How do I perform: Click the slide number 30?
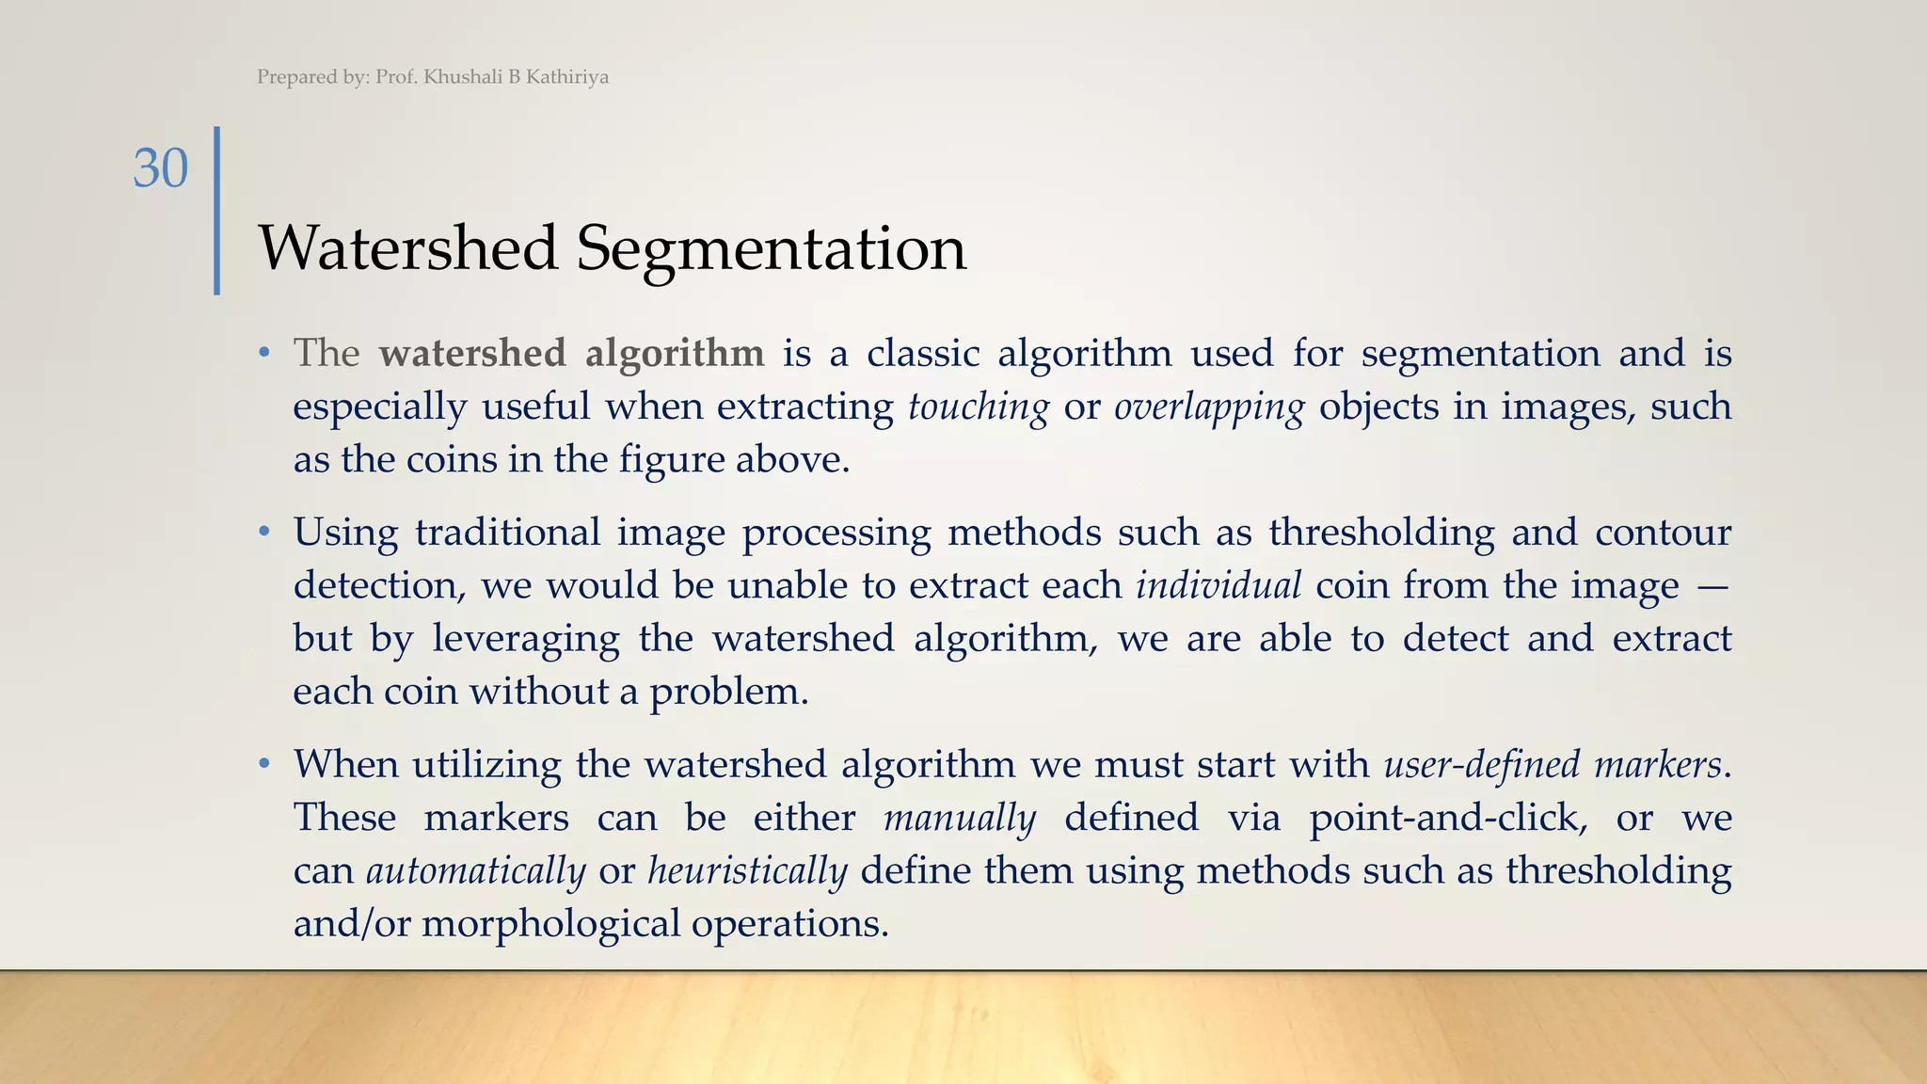pos(161,168)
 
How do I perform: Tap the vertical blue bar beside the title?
pos(217,210)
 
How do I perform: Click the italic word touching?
pos(979,406)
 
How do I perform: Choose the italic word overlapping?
pos(1209,406)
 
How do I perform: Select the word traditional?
pos(507,533)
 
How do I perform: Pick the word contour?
pos(1663,533)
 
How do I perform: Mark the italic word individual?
pos(1218,585)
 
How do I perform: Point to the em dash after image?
pos(1712,585)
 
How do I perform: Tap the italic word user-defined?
pos(1482,763)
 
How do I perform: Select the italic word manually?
pos(960,817)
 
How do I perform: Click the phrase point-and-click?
pos(1447,817)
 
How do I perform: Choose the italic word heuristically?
pos(748,870)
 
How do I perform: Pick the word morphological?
pos(550,923)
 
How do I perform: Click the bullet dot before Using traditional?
pos(265,533)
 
